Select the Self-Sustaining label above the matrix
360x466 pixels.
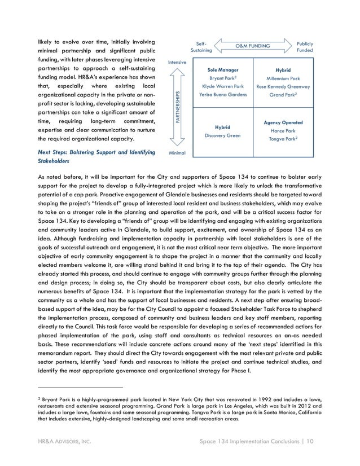tap(201, 47)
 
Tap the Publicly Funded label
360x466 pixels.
tap(304, 47)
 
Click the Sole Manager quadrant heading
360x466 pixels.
tap(223, 70)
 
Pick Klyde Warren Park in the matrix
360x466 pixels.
tap(223, 86)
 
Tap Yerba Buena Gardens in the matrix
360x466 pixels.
tap(223, 95)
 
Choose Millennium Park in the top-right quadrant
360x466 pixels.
tap(283, 78)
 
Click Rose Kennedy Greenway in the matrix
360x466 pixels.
tap(283, 87)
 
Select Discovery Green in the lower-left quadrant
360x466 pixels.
tap(222, 135)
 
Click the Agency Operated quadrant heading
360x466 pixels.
tap(283, 122)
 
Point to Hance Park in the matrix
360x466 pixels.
tap(283, 130)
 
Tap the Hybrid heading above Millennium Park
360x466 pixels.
tap(283, 70)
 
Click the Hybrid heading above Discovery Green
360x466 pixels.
tap(222, 127)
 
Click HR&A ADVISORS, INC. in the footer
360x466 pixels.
tap(61, 440)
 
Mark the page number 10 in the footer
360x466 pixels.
tap(309, 440)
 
